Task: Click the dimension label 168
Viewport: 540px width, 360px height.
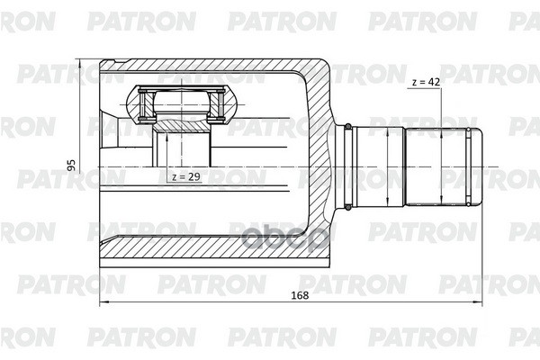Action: tap(300, 295)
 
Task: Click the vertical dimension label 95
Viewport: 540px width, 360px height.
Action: tap(71, 165)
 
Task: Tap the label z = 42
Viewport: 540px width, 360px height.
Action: tap(426, 82)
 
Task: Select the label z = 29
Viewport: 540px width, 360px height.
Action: tap(186, 176)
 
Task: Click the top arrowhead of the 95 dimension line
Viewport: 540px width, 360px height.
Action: tap(79, 63)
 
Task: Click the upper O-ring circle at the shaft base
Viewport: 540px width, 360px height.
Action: tap(348, 126)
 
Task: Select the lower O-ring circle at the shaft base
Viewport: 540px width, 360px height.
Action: tap(348, 207)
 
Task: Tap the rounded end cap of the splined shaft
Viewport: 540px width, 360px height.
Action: tap(476, 167)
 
